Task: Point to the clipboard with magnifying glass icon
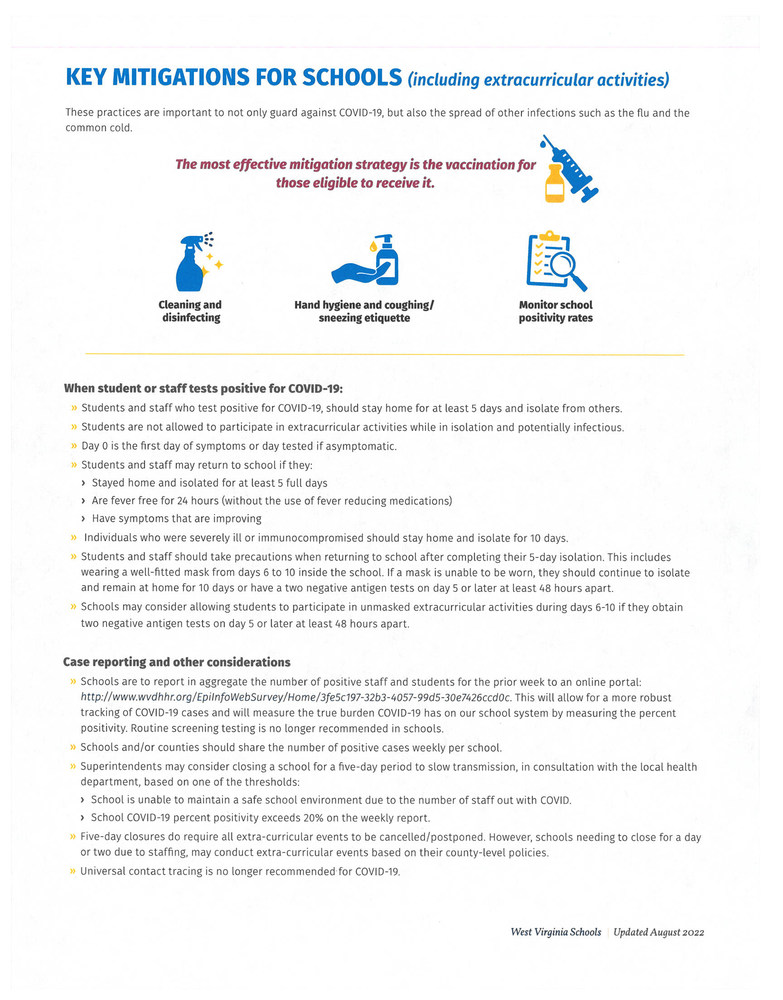pyautogui.click(x=555, y=262)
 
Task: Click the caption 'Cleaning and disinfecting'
pyautogui.click(x=190, y=311)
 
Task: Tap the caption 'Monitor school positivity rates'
pyautogui.click(x=555, y=311)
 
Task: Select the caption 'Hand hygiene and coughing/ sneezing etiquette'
pyautogui.click(x=364, y=311)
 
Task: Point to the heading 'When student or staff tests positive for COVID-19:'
pyautogui.click(x=203, y=387)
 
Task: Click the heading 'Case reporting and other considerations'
pyautogui.click(x=177, y=661)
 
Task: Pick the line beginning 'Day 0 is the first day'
pyautogui.click(x=239, y=446)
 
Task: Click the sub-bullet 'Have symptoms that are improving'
pyautogui.click(x=176, y=518)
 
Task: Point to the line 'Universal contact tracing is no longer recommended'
pyautogui.click(x=240, y=871)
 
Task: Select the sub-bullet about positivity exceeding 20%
pyautogui.click(x=260, y=817)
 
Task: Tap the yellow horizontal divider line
pyautogui.click(x=384, y=355)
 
